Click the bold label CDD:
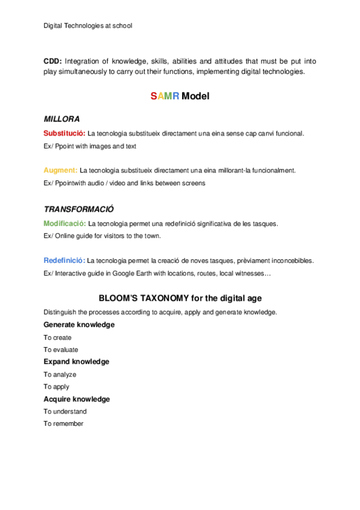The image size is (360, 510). (52, 61)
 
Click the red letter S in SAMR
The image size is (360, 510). (153, 96)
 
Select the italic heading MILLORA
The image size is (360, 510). (62, 119)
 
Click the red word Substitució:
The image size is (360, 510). (64, 133)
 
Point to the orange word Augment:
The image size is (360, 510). (60, 170)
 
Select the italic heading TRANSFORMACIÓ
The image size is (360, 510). (79, 209)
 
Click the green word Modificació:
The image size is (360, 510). (65, 223)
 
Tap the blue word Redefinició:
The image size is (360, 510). (64, 260)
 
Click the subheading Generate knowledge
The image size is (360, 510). (79, 325)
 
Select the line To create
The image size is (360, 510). (57, 337)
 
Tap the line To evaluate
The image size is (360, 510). (61, 349)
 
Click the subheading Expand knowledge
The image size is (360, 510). (76, 362)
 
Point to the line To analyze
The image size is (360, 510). (59, 375)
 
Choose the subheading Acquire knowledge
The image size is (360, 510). (77, 399)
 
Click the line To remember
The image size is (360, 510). (63, 424)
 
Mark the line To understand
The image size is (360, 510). (65, 412)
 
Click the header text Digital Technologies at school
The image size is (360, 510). (88, 25)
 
